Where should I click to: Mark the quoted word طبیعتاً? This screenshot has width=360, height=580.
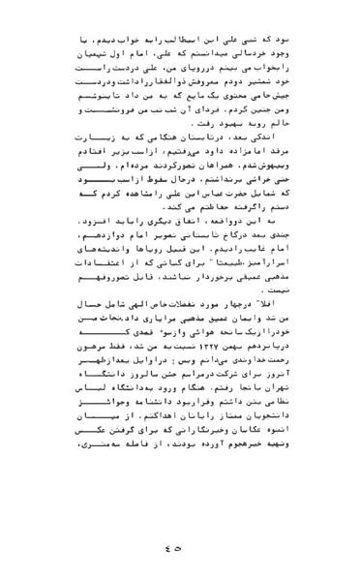[x=195, y=294]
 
